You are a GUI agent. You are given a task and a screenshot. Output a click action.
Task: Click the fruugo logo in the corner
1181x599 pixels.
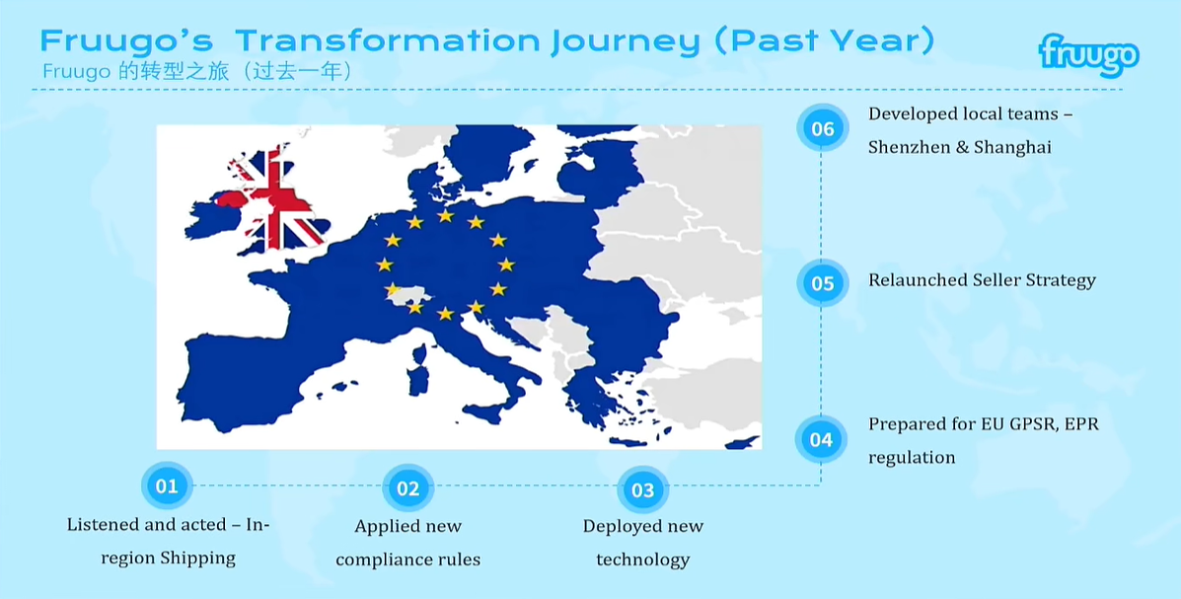tap(1088, 55)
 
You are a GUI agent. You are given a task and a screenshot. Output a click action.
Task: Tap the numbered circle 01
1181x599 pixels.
tap(167, 487)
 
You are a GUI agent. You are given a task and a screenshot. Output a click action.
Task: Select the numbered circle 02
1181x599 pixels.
tap(407, 489)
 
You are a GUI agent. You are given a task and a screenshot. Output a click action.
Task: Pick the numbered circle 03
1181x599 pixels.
tap(642, 490)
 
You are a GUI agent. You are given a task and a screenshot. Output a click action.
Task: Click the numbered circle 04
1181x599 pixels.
tap(821, 439)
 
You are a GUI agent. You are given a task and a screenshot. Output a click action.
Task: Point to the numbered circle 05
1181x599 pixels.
tap(823, 283)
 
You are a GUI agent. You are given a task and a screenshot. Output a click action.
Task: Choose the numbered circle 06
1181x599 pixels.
tap(823, 128)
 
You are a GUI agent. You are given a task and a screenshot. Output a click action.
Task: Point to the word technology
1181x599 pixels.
tap(642, 561)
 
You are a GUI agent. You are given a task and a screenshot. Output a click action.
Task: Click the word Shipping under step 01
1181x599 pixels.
tap(198, 559)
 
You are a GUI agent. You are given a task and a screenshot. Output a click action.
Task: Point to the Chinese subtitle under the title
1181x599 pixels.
tap(196, 72)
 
